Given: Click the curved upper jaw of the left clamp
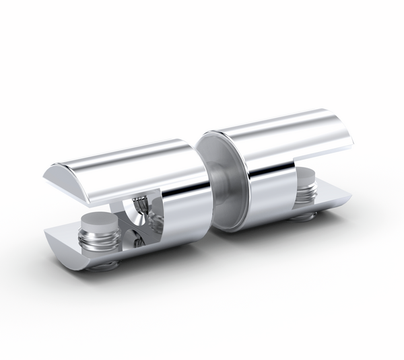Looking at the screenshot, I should click(x=128, y=165).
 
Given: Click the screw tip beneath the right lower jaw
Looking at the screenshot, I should click(x=303, y=217).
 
